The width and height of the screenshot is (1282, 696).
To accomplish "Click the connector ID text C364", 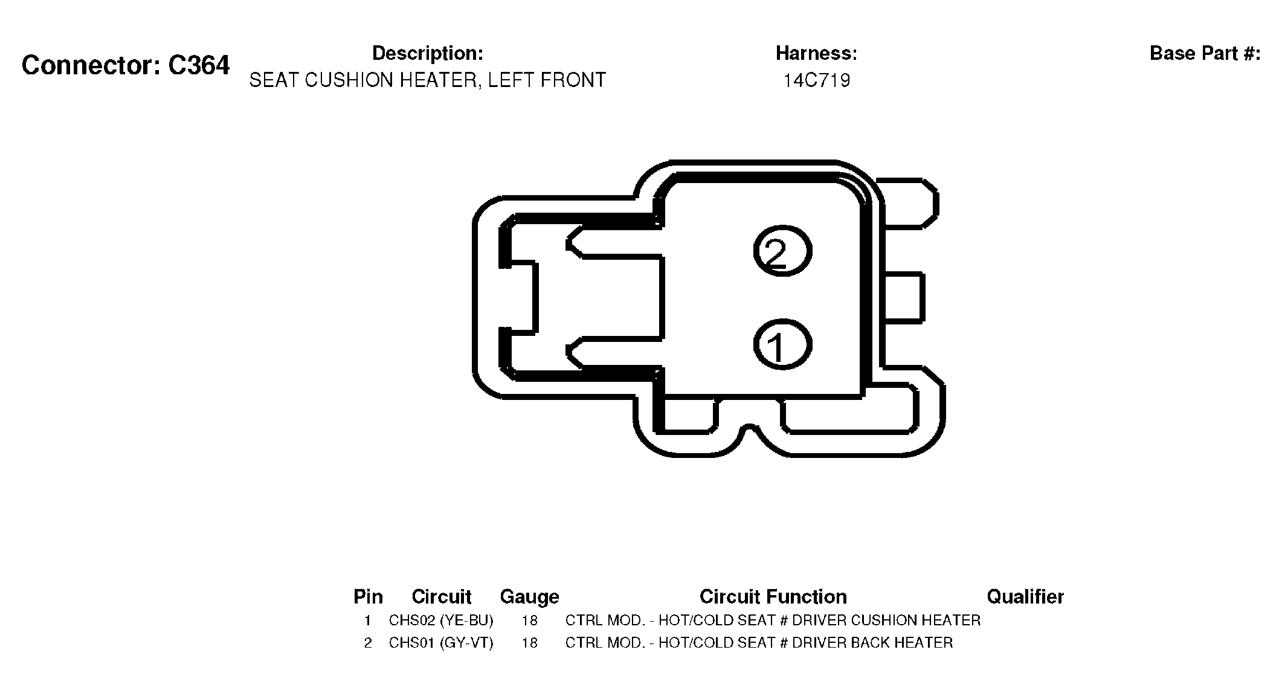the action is pyautogui.click(x=199, y=65).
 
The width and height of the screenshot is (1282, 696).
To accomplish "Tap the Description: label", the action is pyautogui.click(x=428, y=53).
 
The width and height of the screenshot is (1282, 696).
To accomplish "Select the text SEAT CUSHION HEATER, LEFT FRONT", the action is pyautogui.click(x=428, y=80).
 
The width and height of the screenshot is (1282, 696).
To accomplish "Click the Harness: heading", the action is pyautogui.click(x=816, y=53).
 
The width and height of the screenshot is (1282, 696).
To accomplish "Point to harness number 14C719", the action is pyautogui.click(x=817, y=80).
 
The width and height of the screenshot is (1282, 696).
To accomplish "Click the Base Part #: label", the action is pyautogui.click(x=1205, y=53).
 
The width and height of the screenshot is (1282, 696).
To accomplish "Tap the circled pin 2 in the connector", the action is pyautogui.click(x=782, y=251).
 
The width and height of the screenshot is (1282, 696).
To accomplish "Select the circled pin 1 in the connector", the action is pyautogui.click(x=782, y=345).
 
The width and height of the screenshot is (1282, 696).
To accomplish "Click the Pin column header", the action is pyautogui.click(x=368, y=597).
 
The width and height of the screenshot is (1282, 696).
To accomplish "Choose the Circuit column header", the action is pyautogui.click(x=441, y=597).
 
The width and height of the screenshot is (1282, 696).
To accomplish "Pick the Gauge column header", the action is pyautogui.click(x=529, y=598).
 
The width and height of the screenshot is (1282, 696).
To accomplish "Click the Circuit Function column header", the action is pyautogui.click(x=773, y=597).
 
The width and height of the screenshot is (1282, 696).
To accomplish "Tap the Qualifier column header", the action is pyautogui.click(x=1025, y=597).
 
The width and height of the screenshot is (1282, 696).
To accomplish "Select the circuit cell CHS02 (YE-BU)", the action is pyautogui.click(x=441, y=620).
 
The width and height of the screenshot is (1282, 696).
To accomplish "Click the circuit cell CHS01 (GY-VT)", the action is pyautogui.click(x=441, y=643).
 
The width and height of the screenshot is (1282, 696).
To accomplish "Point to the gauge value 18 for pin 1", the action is pyautogui.click(x=529, y=620).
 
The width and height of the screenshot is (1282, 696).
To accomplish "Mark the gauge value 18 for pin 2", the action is pyautogui.click(x=529, y=643).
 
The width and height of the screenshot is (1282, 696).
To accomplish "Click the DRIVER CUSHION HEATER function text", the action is pyautogui.click(x=886, y=620).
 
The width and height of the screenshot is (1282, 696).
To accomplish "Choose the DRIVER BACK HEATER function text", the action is pyautogui.click(x=872, y=643).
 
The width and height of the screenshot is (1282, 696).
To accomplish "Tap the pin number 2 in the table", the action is pyautogui.click(x=368, y=643).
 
